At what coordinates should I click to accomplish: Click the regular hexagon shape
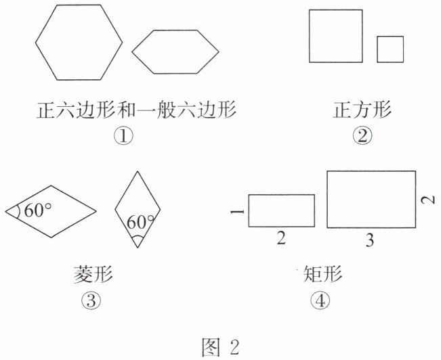click(x=79, y=41)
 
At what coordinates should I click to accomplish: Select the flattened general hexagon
click(x=175, y=51)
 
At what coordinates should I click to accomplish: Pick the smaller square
click(x=390, y=49)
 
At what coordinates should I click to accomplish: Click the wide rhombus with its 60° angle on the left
click(x=50, y=210)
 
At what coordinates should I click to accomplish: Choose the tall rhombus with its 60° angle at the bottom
click(x=138, y=208)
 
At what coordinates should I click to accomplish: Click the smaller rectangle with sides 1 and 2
click(x=281, y=210)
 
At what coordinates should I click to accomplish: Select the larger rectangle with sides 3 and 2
click(x=371, y=199)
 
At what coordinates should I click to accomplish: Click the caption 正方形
click(x=362, y=110)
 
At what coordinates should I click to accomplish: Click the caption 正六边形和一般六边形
click(x=135, y=110)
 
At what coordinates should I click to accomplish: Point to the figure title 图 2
click(x=221, y=346)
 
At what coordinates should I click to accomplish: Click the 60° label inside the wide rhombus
click(x=38, y=210)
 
